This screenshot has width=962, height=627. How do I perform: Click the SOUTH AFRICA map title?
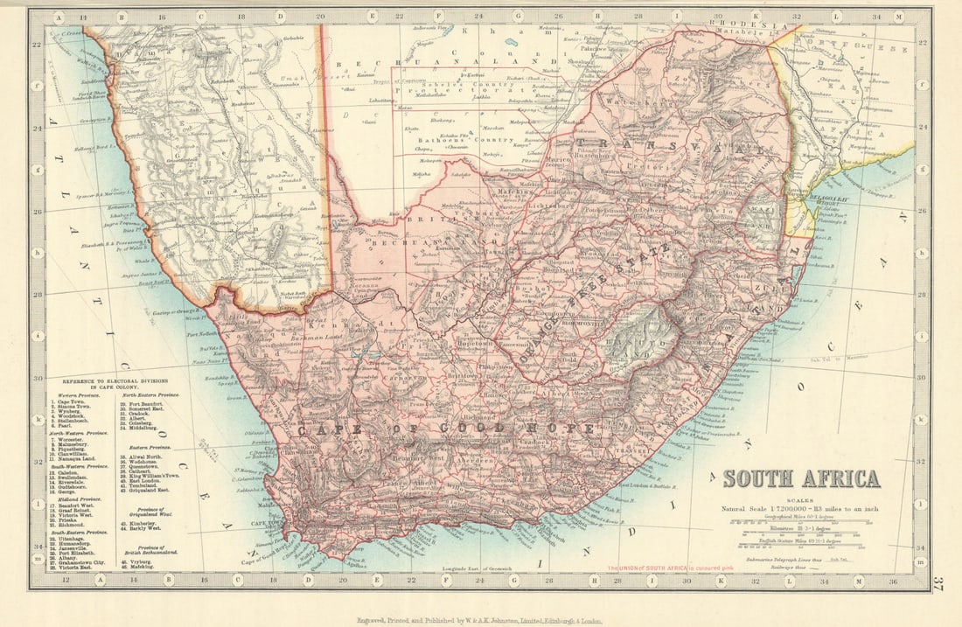coord(801,479)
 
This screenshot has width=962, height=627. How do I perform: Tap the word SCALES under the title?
coord(801,500)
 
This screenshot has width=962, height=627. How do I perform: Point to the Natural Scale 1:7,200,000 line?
coord(801,508)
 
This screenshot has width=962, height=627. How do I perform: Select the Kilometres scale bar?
coord(801,530)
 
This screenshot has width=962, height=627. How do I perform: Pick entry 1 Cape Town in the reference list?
coord(73,401)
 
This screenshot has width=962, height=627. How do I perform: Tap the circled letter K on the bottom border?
coord(721,579)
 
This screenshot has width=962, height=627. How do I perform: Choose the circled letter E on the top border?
coord(372,16)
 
